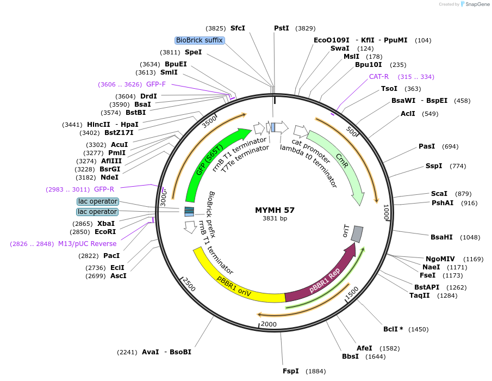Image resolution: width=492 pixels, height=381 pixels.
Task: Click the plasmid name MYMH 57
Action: click(x=275, y=210)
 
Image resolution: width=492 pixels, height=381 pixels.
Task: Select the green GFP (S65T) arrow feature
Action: click(x=212, y=163)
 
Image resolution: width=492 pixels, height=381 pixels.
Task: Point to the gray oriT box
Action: click(x=357, y=234)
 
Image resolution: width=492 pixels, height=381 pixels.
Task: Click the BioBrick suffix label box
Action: click(x=199, y=40)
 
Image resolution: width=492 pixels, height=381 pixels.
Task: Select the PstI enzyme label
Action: click(x=282, y=28)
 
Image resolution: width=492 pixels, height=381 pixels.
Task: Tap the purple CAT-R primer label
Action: click(x=379, y=77)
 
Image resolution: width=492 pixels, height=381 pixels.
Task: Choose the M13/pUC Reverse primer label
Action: click(x=87, y=243)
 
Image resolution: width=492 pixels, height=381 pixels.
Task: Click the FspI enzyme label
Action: click(x=291, y=371)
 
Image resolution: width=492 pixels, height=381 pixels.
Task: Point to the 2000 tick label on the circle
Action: click(x=269, y=324)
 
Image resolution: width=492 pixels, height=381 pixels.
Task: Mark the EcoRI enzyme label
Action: click(x=105, y=231)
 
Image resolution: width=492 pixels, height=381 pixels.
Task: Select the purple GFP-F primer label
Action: click(x=156, y=84)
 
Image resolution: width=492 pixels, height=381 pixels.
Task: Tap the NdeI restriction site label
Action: click(x=109, y=177)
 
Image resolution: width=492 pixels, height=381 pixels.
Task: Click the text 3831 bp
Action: click(x=275, y=218)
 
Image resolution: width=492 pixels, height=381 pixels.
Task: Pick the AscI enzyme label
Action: click(x=118, y=276)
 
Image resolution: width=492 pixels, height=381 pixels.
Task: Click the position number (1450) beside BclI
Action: click(x=418, y=329)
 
